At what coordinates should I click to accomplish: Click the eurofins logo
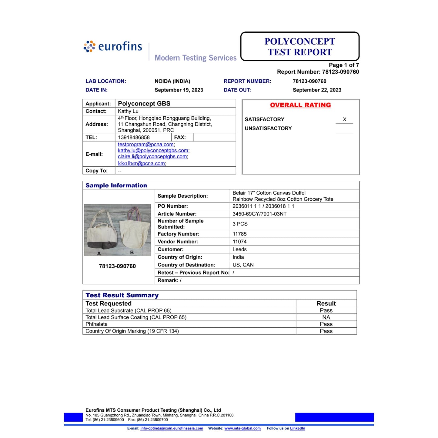(x=113, y=47)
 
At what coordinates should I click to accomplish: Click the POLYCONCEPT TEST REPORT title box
(x=300, y=47)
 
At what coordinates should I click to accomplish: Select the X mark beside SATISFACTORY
(x=344, y=119)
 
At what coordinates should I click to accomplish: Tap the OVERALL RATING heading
(x=300, y=105)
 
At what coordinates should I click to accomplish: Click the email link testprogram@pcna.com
(x=146, y=145)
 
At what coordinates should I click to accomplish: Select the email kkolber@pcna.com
(x=142, y=163)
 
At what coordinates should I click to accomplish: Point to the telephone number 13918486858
(x=134, y=137)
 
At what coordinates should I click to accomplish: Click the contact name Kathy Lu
(x=128, y=111)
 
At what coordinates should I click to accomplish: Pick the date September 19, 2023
(x=179, y=90)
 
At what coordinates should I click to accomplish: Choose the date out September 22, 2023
(x=317, y=90)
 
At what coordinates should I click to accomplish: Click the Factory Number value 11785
(x=240, y=234)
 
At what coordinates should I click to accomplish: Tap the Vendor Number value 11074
(x=240, y=242)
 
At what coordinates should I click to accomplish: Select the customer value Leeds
(x=240, y=249)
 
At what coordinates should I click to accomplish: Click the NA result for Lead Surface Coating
(x=326, y=317)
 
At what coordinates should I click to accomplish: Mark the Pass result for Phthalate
(x=326, y=324)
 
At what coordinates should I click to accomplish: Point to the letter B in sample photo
(x=132, y=252)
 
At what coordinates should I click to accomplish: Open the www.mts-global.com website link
(x=242, y=428)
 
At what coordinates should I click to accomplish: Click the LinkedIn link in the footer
(x=298, y=428)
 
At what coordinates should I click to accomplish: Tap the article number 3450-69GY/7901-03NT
(x=259, y=214)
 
